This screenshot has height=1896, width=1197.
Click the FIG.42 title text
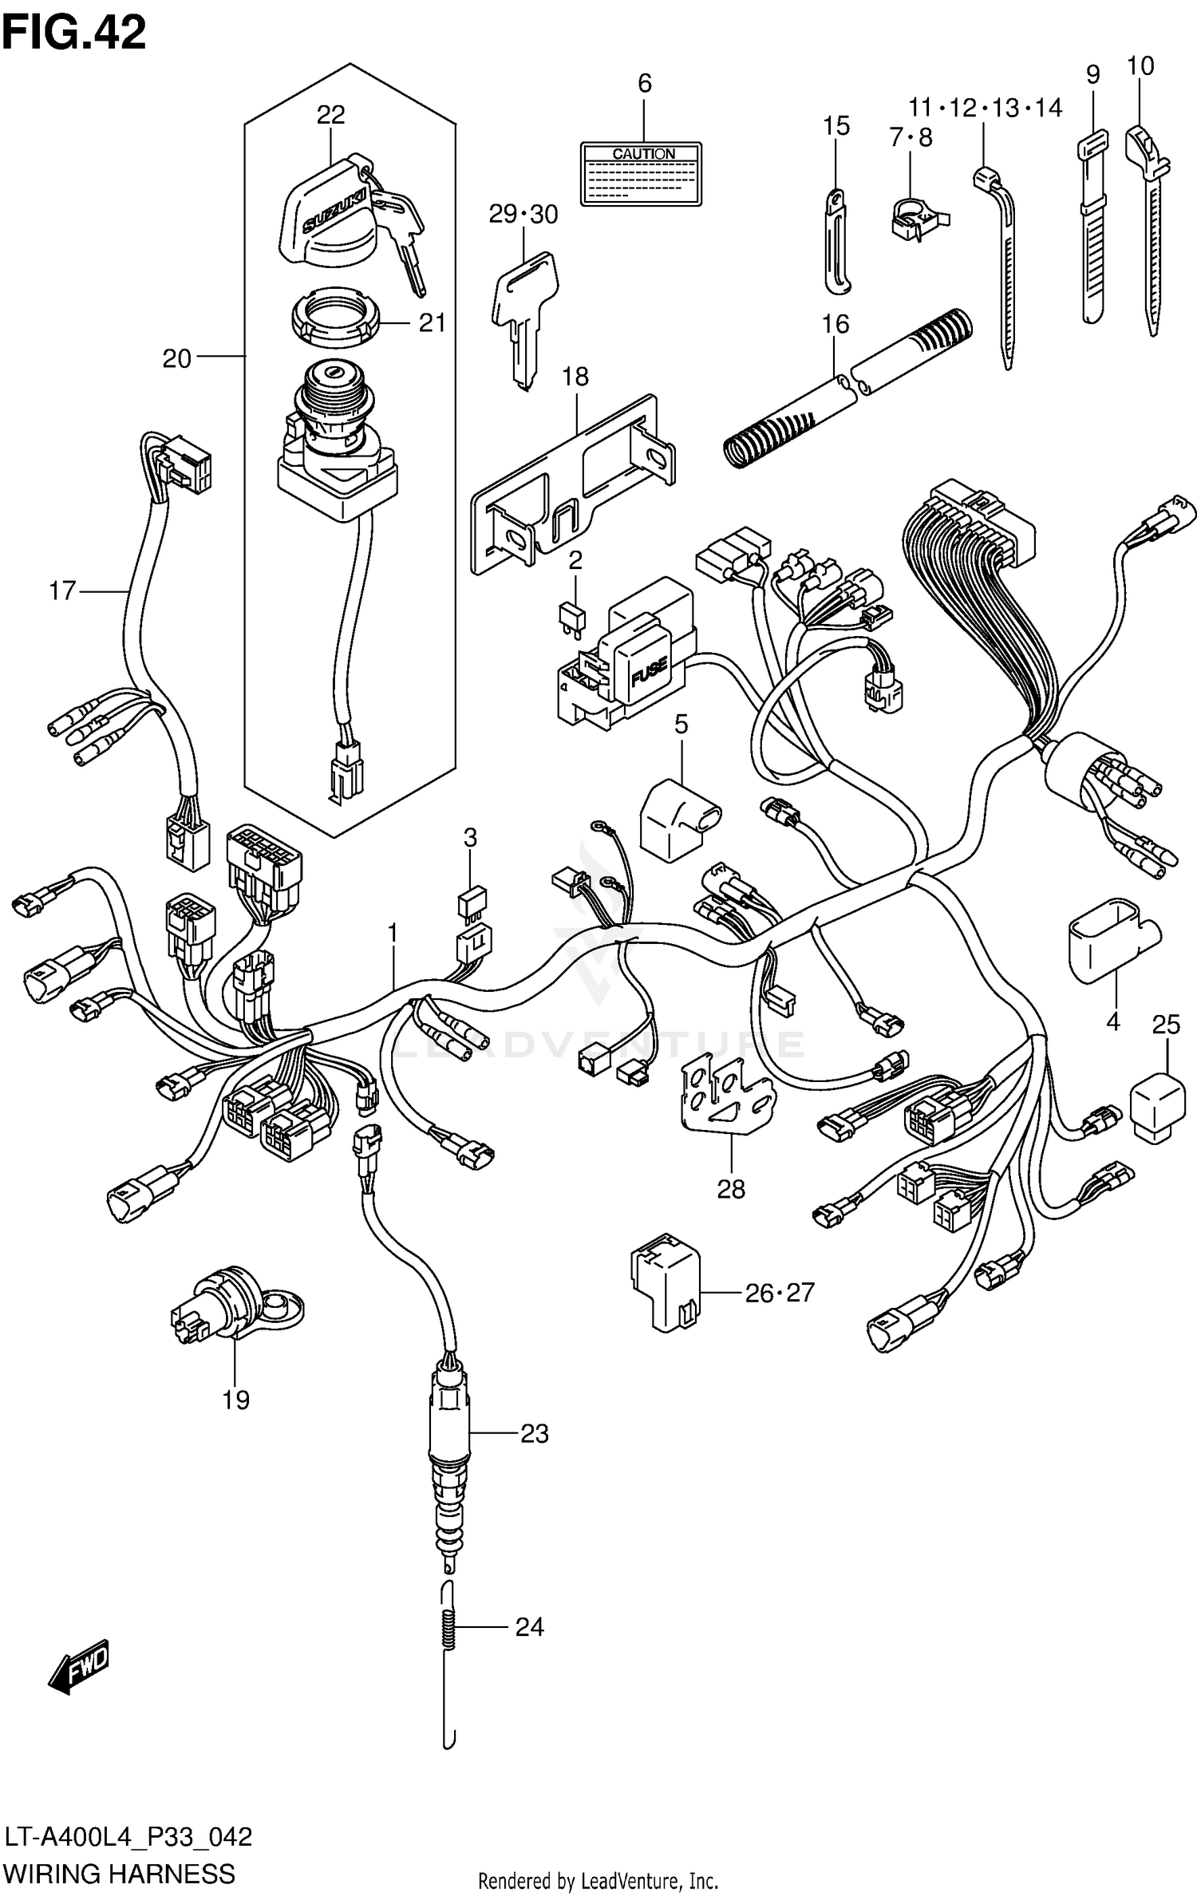73,34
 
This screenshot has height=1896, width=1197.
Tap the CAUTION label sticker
641,174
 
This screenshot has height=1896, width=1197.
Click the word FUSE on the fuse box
649,676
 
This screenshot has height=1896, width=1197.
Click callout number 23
534,1434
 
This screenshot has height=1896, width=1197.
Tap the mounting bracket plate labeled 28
723,1094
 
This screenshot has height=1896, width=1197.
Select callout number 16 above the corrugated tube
835,324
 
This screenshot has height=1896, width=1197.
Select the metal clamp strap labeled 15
835,239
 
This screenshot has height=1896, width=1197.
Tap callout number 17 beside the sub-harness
62,591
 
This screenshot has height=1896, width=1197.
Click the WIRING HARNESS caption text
120,1872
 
